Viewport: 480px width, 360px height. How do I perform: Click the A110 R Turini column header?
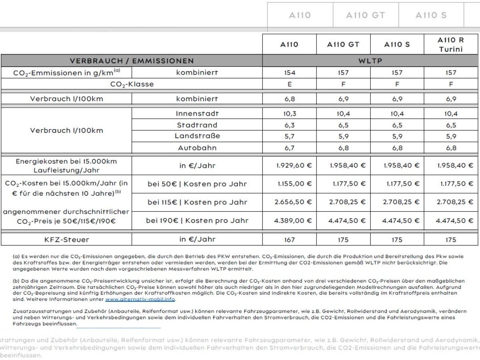point(450,44)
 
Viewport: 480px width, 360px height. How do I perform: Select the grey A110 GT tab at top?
point(366,15)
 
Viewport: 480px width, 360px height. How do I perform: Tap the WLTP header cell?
point(370,61)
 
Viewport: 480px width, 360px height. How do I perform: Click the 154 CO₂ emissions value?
point(289,73)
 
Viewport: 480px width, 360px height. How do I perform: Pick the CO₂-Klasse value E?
point(289,84)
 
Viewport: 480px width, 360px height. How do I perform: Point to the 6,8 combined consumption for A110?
point(289,99)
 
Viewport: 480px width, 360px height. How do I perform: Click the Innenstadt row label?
point(197,114)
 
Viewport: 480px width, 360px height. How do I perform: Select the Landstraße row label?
point(197,136)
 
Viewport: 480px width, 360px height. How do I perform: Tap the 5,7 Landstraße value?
point(289,136)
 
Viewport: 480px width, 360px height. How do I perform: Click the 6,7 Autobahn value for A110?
point(289,148)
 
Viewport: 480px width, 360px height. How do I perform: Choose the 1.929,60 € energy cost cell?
point(294,165)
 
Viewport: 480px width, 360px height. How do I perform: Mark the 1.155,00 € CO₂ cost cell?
point(294,184)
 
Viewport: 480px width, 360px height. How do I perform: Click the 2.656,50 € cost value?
point(293,202)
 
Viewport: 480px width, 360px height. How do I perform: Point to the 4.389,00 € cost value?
point(293,220)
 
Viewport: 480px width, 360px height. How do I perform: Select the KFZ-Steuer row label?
point(66,240)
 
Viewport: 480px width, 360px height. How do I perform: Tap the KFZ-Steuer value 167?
point(289,240)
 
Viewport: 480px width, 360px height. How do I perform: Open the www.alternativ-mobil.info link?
point(140,299)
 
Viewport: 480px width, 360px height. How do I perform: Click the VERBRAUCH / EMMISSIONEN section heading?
point(132,61)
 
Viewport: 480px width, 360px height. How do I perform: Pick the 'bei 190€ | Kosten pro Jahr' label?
point(197,220)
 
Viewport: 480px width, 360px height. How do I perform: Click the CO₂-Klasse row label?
point(132,84)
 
